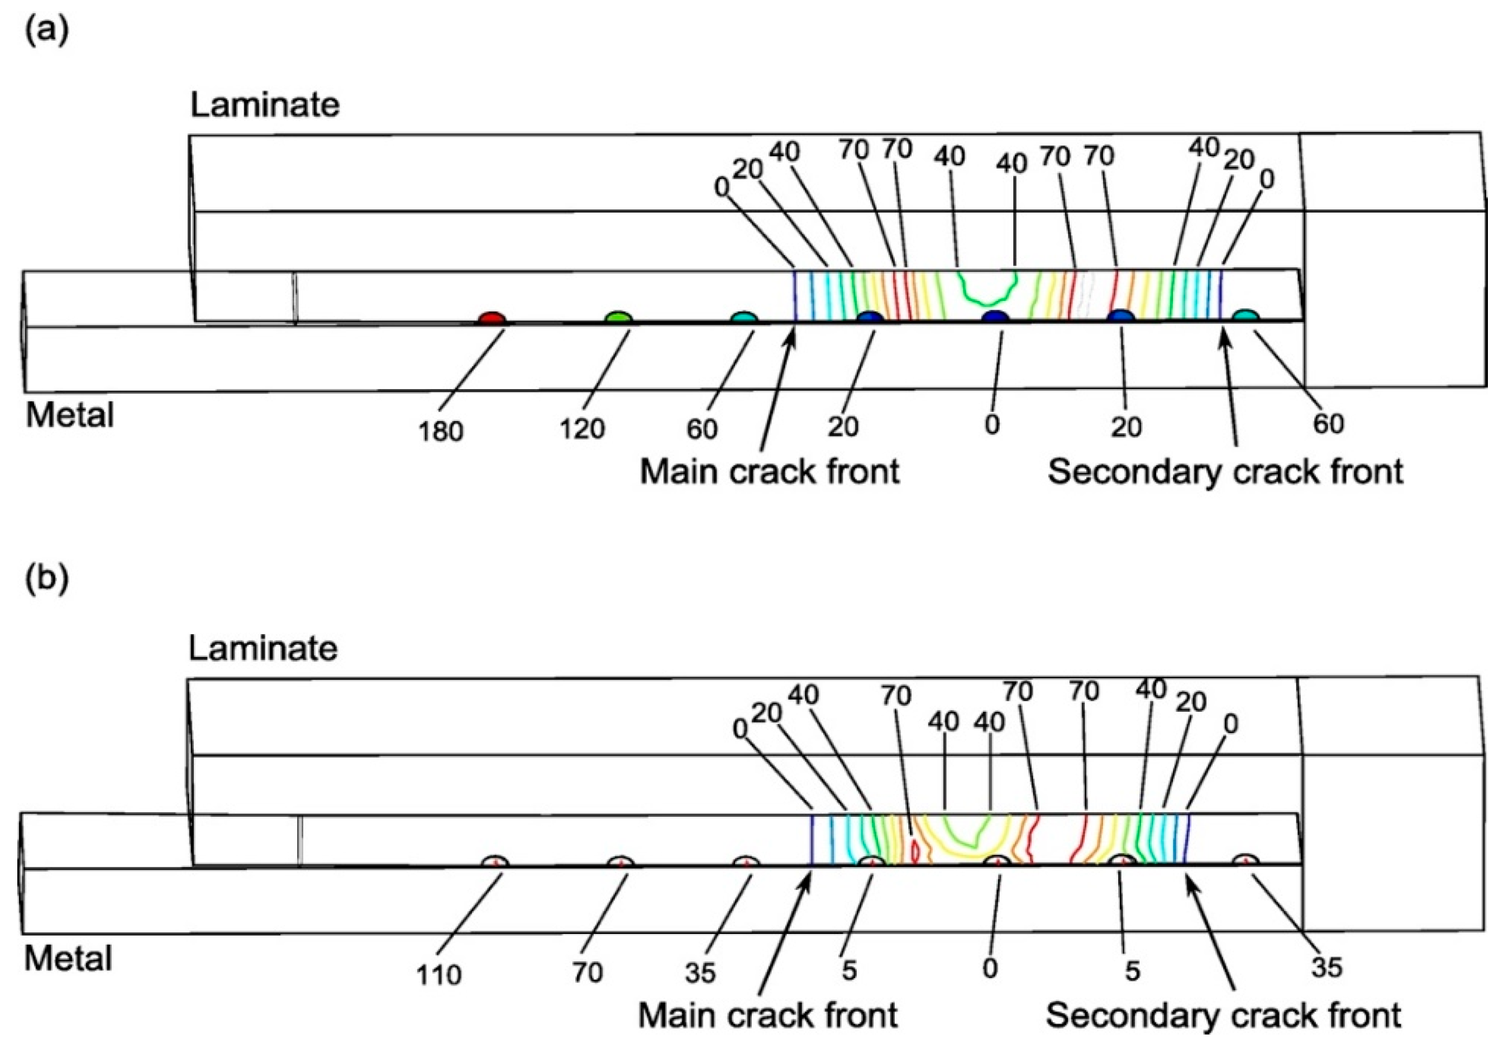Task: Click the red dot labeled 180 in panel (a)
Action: [492, 319]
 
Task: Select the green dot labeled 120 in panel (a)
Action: [618, 318]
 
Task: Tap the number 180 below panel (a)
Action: [441, 431]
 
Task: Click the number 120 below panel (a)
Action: [581, 429]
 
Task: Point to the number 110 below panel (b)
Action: [438, 975]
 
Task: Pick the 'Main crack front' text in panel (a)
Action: [770, 472]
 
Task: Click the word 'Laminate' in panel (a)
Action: [265, 104]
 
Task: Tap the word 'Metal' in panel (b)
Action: [68, 959]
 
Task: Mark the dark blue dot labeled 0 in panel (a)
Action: [996, 317]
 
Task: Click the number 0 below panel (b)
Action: [990, 968]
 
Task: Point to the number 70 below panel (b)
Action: [587, 973]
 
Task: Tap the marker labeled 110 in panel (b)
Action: [495, 861]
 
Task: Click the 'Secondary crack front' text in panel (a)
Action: [1225, 472]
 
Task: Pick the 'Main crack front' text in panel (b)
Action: [767, 1015]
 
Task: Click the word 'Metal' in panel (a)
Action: [69, 415]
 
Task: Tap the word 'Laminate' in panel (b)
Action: [263, 648]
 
